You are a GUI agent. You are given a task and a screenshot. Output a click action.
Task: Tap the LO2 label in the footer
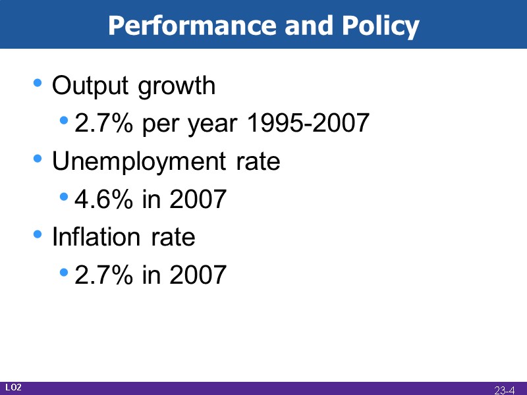click(x=14, y=388)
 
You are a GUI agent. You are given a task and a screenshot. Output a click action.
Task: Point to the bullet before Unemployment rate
click(x=38, y=159)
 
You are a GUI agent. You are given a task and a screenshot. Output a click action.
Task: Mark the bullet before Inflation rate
click(x=38, y=234)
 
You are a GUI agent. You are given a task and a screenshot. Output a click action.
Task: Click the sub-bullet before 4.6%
click(x=64, y=196)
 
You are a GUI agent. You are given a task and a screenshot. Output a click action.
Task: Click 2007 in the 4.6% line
click(x=198, y=199)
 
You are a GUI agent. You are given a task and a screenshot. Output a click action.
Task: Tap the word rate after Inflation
click(x=173, y=237)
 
